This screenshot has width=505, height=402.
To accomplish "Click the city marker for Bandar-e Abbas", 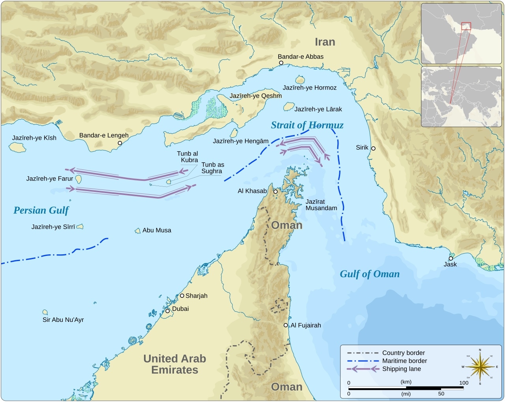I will [x=281, y=63].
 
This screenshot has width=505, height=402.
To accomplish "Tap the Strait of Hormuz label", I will [x=307, y=125].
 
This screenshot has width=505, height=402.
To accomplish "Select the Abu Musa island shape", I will [x=138, y=231].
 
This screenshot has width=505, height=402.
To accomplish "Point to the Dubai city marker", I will [x=167, y=311].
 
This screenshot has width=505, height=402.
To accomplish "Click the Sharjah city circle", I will [x=182, y=295].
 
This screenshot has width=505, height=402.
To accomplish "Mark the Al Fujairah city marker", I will [x=286, y=325].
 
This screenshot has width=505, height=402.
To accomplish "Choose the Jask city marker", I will [x=451, y=258].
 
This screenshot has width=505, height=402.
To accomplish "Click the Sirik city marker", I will [x=373, y=148].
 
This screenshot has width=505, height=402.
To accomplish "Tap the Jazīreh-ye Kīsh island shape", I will [x=17, y=147].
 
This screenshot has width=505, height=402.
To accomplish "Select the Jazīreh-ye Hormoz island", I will [x=300, y=80].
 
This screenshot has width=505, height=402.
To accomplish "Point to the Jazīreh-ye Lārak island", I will [x=289, y=107].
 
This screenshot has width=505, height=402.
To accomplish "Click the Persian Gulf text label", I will [x=41, y=210].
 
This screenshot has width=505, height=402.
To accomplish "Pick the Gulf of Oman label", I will [x=370, y=274].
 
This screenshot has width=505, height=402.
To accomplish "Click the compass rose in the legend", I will [x=480, y=366].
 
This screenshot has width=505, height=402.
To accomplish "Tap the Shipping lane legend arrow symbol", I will [x=363, y=369].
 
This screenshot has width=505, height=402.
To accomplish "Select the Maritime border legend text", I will [x=404, y=361].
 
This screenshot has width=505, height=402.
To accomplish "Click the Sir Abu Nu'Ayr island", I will [x=45, y=312].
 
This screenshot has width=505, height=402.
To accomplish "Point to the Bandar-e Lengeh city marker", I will [x=120, y=143].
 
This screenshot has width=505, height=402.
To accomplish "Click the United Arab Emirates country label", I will [x=174, y=364].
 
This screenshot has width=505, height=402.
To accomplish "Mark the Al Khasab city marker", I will [x=275, y=192].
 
